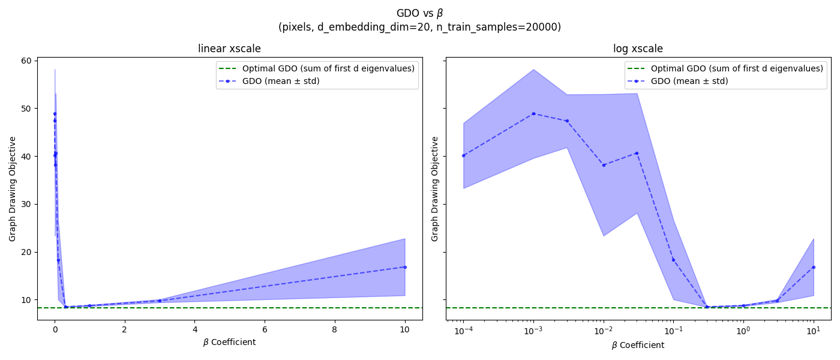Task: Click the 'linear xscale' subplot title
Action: click(229, 49)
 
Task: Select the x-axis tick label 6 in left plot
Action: click(265, 329)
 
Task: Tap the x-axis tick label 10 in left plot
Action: click(404, 329)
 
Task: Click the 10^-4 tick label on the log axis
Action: click(463, 330)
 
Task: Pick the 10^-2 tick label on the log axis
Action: click(603, 330)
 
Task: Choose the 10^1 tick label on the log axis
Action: click(813, 330)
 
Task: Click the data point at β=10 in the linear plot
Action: click(405, 267)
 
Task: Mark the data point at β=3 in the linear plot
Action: click(160, 301)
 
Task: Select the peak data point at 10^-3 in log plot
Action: click(533, 113)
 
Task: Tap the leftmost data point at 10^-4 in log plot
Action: click(463, 155)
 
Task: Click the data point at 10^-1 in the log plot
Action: click(673, 260)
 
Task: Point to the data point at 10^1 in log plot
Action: click(814, 267)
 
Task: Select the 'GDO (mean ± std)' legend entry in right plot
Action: click(689, 81)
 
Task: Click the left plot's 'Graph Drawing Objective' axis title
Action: click(13, 188)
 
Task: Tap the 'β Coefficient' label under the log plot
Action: click(638, 345)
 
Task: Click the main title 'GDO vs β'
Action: click(419, 13)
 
